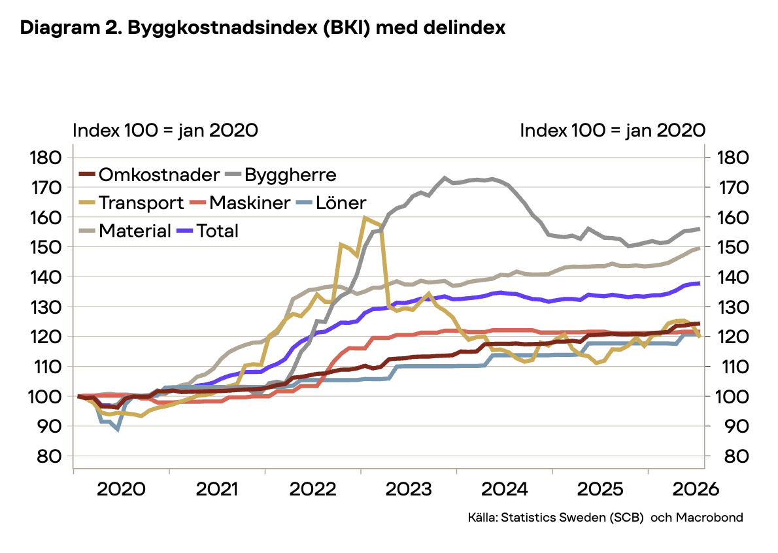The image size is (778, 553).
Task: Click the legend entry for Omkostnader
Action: pyautogui.click(x=149, y=175)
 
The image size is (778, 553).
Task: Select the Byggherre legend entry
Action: pyautogui.click(x=281, y=175)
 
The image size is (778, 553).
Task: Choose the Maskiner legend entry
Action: pyautogui.click(x=240, y=203)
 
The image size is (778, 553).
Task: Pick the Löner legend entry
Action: pyautogui.click(x=331, y=203)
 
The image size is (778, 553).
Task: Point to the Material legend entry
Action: pyautogui.click(x=125, y=231)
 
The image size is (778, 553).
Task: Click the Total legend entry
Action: pyautogui.click(x=208, y=231)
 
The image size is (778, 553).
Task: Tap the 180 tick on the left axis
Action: pyautogui.click(x=45, y=158)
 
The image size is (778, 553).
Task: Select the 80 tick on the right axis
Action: pyautogui.click(x=736, y=456)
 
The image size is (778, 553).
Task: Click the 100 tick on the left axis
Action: pyautogui.click(x=45, y=396)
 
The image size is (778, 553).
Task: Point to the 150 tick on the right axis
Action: pyautogui.click(x=733, y=247)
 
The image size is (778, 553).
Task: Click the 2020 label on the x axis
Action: pyautogui.click(x=121, y=489)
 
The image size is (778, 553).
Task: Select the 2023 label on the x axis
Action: pyautogui.click(x=409, y=489)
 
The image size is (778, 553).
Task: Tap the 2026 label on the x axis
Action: pyautogui.click(x=696, y=489)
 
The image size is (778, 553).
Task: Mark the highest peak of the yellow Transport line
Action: pyautogui.click(x=365, y=217)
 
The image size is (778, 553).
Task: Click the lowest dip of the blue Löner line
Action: pyautogui.click(x=118, y=429)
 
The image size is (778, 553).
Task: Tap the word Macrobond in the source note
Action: pyautogui.click(x=709, y=517)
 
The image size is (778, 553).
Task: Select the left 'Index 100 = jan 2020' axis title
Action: pyautogui.click(x=165, y=131)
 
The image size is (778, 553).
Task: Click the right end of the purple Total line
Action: pyautogui.click(x=699, y=283)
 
